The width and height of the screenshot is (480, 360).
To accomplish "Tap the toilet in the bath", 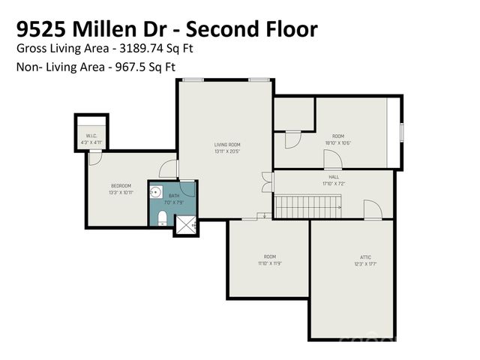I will (x=162, y=218).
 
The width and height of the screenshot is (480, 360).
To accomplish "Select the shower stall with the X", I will (x=186, y=223).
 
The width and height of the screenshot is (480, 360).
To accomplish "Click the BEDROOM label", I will (x=121, y=185).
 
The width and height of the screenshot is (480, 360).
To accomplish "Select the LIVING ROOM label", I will (x=227, y=144).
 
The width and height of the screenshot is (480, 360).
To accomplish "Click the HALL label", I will (x=334, y=177).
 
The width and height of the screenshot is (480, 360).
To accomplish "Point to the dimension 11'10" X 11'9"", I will (x=269, y=263).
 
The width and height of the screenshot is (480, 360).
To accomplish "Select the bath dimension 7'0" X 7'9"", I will (x=174, y=202).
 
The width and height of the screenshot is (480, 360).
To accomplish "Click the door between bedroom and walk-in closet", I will (x=95, y=157).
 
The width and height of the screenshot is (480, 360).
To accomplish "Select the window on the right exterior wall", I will (x=402, y=132).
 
